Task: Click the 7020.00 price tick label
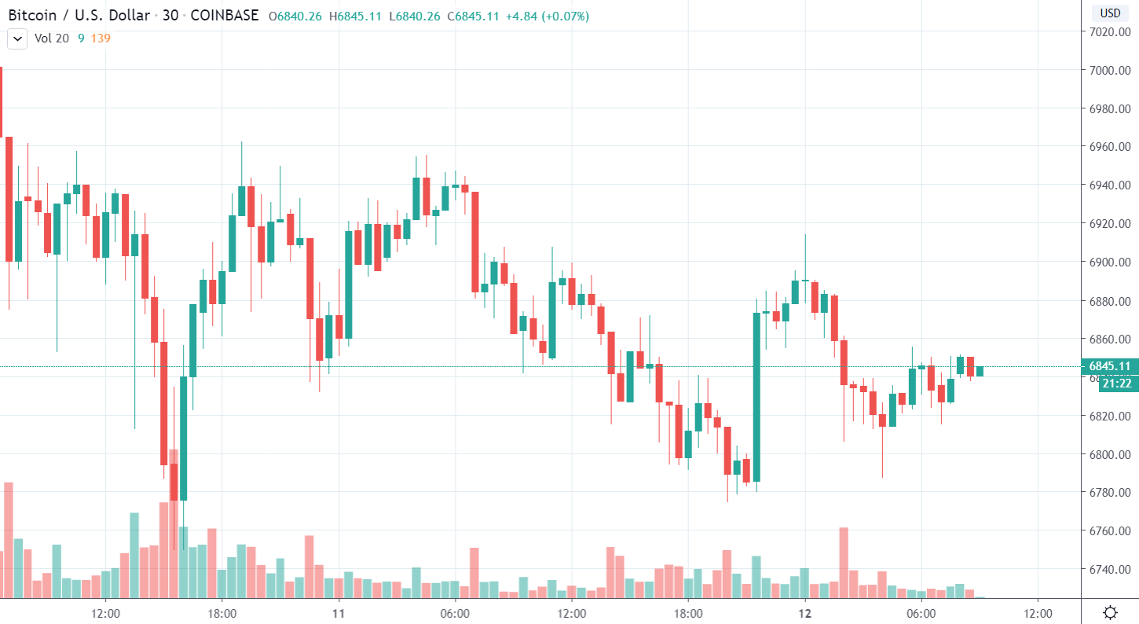point(1109,32)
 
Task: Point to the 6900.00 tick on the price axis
point(1109,262)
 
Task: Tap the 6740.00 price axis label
point(1109,570)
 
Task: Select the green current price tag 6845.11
point(1109,366)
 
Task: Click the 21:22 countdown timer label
point(1116,384)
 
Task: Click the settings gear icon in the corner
point(1110,612)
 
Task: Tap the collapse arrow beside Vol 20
point(17,38)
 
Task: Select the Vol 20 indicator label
point(52,38)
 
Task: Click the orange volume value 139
point(101,38)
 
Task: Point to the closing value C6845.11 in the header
point(473,16)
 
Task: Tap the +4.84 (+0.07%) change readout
point(547,16)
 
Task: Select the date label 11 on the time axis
point(339,612)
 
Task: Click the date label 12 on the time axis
point(804,612)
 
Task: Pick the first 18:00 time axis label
point(222,612)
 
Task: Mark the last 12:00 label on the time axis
point(1038,612)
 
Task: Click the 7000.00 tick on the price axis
point(1109,71)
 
